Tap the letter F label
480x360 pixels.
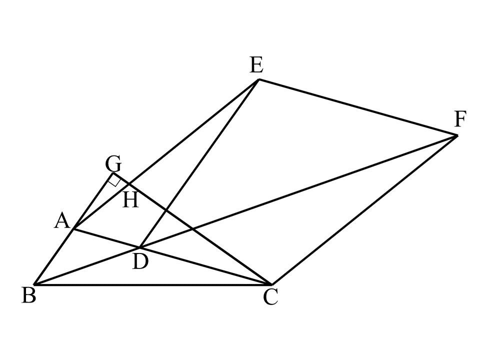tap(460, 120)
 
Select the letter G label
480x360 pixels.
tap(113, 163)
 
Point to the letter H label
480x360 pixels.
tap(130, 201)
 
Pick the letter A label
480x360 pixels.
tap(61, 221)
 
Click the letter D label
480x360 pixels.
tap(140, 261)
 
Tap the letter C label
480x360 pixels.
tap(270, 298)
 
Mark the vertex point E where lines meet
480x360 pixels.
tap(258, 79)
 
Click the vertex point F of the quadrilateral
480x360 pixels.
tap(456, 135)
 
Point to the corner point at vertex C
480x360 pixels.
tap(271, 284)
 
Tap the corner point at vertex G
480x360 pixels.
tap(113, 174)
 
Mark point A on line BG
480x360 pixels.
tap(74, 229)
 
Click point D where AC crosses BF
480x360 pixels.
tap(140, 247)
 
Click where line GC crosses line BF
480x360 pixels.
tap(192, 229)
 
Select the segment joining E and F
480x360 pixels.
tap(357, 107)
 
